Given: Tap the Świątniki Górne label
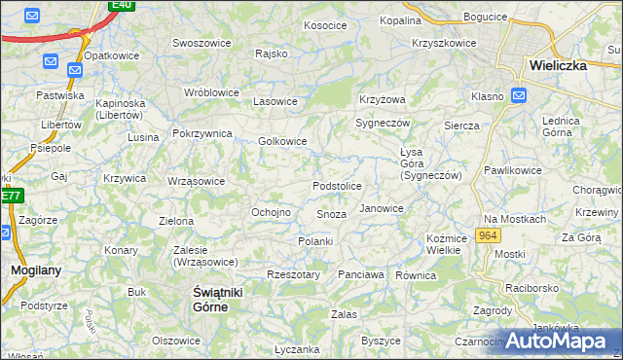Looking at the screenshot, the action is tap(212, 299).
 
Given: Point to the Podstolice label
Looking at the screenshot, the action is tap(337, 186).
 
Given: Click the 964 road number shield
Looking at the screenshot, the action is tap(490, 237).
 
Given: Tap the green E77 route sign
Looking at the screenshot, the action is tap(10, 196).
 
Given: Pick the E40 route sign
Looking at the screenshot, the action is tap(121, 5).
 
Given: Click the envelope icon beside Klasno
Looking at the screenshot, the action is tap(519, 95).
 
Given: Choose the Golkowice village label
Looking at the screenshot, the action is tap(282, 141).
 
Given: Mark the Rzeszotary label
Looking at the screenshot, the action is tap(293, 274).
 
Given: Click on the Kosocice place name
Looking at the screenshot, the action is tap(325, 25).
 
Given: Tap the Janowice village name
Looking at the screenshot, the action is tap(382, 208).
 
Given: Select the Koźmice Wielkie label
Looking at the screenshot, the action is tap(443, 244).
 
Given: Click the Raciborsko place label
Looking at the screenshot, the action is tap(531, 289).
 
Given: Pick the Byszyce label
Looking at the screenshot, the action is tap(381, 341).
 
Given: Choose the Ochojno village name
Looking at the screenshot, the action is tap(272, 212).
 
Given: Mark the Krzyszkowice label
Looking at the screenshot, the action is tap(444, 44).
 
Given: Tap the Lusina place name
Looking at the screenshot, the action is tap(143, 137).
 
